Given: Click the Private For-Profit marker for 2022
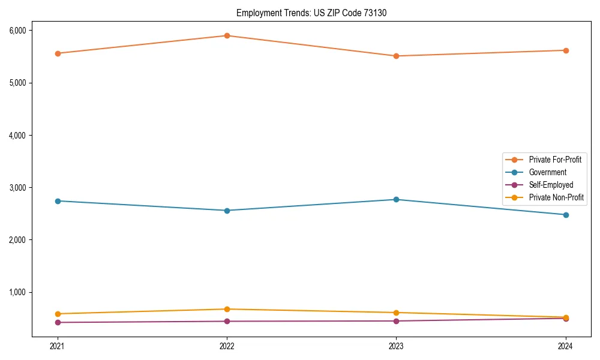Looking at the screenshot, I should click(x=227, y=35).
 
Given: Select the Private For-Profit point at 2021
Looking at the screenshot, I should click(x=58, y=53).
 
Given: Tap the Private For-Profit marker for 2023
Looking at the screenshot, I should click(x=397, y=56).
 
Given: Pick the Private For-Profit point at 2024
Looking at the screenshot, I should click(x=566, y=50).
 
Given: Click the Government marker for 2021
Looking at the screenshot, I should click(x=58, y=201).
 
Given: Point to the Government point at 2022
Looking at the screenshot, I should click(x=227, y=211).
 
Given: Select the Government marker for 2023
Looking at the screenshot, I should click(x=397, y=199).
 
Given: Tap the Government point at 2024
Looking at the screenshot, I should click(x=566, y=215).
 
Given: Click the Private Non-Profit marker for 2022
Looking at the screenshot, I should click(x=227, y=309).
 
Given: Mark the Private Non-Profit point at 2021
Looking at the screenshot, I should click(x=58, y=314).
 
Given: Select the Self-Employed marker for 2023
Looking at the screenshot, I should click(x=397, y=321).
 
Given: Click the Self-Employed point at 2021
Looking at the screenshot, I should click(x=58, y=322).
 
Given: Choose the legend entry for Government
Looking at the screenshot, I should click(x=547, y=172).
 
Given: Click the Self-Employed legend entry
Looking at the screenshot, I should click(x=551, y=185).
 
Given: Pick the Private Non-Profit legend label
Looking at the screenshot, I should click(x=556, y=197).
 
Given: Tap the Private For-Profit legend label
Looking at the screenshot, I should click(x=555, y=160).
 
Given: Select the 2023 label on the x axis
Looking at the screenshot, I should click(x=397, y=346).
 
